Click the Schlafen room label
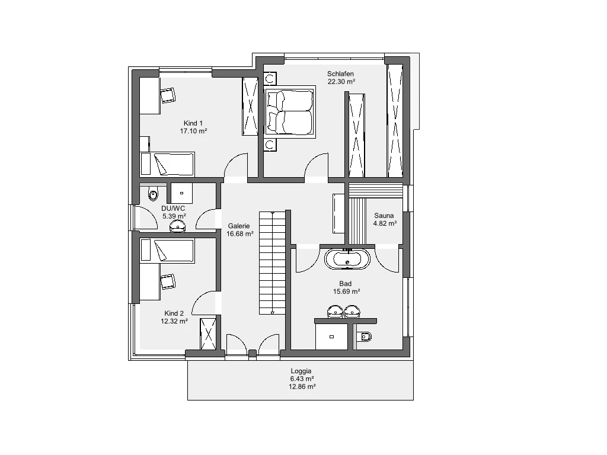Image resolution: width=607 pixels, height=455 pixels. click(340, 73)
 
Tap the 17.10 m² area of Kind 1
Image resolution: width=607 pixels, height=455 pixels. click(193, 131)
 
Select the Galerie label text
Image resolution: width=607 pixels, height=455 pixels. click(239, 226)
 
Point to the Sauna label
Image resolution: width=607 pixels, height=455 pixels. click(384, 216)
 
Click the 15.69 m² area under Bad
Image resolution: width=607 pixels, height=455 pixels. click(346, 291)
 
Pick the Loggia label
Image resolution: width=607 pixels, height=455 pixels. click(301, 371)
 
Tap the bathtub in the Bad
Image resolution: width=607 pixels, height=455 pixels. click(347, 259)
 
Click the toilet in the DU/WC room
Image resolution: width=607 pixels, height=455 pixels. click(154, 193)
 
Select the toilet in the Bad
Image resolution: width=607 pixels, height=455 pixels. click(365, 337)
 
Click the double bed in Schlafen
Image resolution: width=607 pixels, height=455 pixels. click(290, 112)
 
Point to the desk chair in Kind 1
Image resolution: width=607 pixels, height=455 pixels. click(168, 95)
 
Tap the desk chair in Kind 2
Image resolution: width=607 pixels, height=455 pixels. click(168, 281)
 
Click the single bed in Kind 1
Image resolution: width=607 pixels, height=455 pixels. click(167, 164)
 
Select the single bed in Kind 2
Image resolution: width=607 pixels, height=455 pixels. click(167, 251)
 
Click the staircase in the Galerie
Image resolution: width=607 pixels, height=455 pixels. click(272, 262)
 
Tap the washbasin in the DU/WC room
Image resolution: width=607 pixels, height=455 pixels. click(178, 226)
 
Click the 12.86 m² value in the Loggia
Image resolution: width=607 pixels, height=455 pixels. click(302, 386)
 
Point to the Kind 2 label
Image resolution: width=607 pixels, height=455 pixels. click(174, 313)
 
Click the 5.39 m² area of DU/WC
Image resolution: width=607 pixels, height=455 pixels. click(174, 216)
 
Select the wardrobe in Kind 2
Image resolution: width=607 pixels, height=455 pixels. click(208, 334)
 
